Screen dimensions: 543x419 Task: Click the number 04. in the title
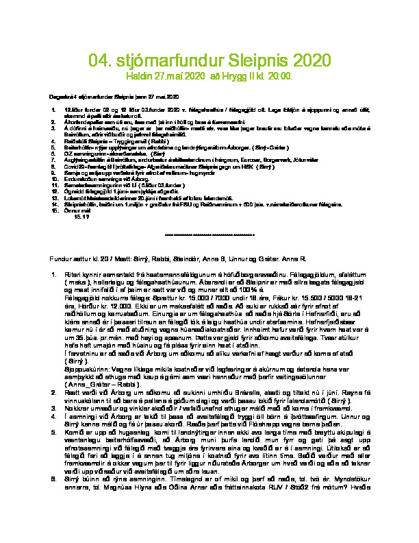pyautogui.click(x=101, y=62)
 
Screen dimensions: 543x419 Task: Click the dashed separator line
pyautogui.click(x=209, y=235)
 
